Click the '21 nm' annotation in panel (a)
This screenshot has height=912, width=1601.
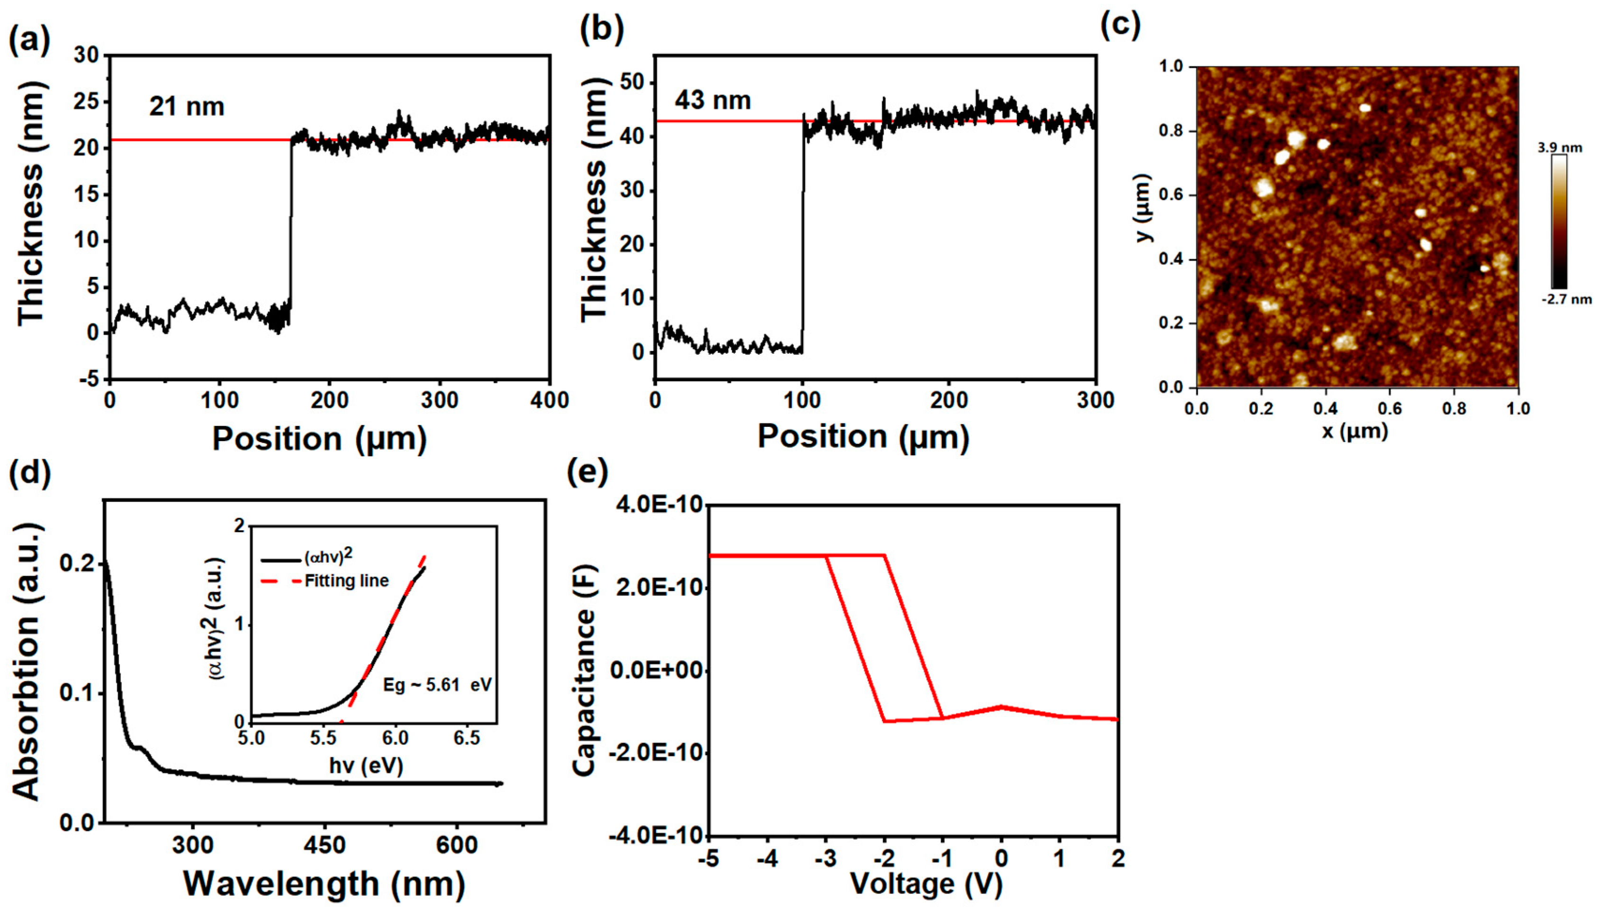pos(187,107)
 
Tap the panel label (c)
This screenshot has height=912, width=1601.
pos(1121,26)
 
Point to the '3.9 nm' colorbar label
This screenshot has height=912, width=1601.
pos(1560,148)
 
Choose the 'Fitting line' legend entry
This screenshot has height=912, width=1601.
pos(346,580)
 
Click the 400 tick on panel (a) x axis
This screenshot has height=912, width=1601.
pos(549,400)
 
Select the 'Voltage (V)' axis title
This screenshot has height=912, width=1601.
pos(926,883)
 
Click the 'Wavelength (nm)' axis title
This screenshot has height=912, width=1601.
pos(324,883)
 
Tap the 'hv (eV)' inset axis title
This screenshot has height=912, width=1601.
pos(365,765)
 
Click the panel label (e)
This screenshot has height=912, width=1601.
pos(587,473)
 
